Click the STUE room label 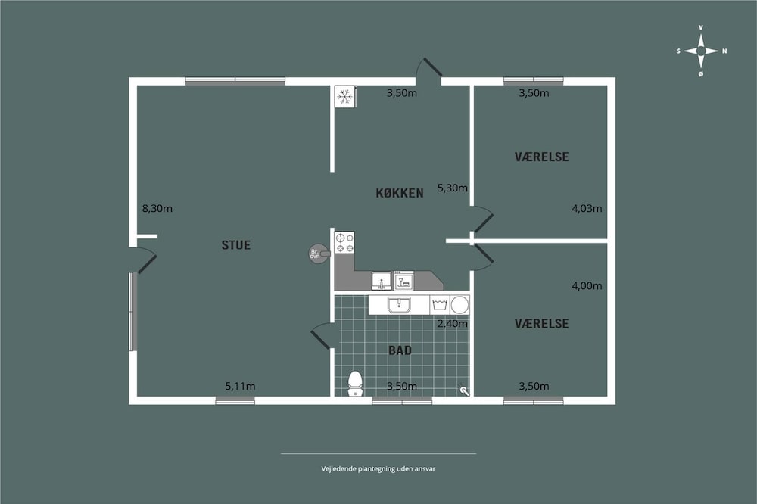[x=236, y=245]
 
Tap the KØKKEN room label [x=400, y=193]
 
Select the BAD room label [x=400, y=350]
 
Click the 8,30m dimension [x=157, y=209]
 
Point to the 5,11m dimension [x=241, y=386]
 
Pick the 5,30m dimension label [x=453, y=188]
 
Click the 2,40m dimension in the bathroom [x=453, y=323]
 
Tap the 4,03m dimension [x=587, y=209]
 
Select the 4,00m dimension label [x=587, y=285]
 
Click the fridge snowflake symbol [x=344, y=97]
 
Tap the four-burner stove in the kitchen [x=344, y=242]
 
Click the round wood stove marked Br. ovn [x=316, y=253]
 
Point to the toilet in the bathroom [x=355, y=384]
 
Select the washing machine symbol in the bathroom [x=440, y=305]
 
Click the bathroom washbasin [x=399, y=305]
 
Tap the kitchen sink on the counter [x=382, y=281]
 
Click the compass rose [x=701, y=51]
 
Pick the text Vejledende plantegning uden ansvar [x=378, y=468]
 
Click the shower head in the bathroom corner [x=463, y=390]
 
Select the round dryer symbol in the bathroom [x=459, y=305]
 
